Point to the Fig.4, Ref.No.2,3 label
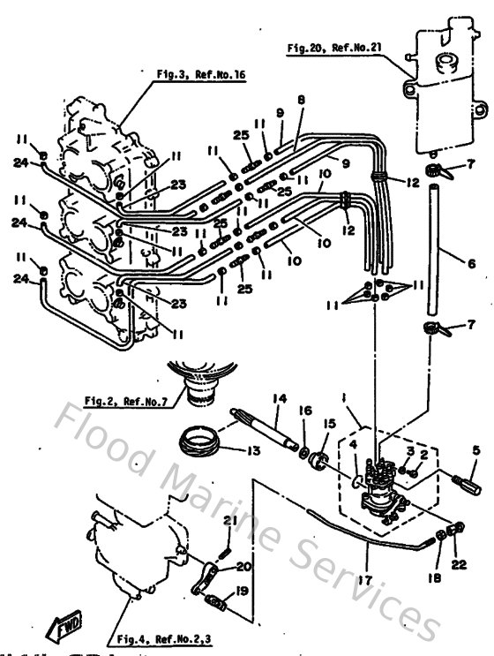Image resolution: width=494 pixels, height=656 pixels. pyautogui.click(x=163, y=637)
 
